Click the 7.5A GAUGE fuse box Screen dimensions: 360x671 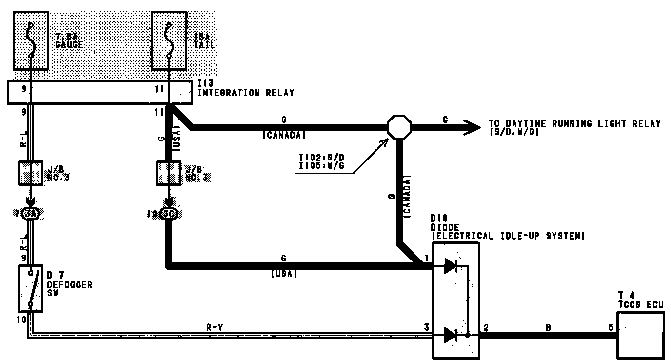[x=31, y=40]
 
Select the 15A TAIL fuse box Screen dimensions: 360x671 [x=169, y=40]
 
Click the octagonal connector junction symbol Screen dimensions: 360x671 [x=399, y=127]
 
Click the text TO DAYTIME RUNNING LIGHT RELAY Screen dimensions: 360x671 [x=574, y=124]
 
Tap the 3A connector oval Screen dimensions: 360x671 [x=31, y=214]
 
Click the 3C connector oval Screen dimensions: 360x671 [x=169, y=214]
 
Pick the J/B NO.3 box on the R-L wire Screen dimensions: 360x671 [x=31, y=173]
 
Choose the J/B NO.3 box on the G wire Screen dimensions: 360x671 [x=169, y=173]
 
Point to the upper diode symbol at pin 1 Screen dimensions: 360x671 [x=451, y=266]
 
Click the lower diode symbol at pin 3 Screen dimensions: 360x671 [x=451, y=335]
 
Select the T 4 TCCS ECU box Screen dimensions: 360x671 [x=640, y=335]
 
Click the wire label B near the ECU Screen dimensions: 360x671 [x=548, y=328]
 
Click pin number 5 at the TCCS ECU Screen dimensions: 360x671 [x=611, y=328]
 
